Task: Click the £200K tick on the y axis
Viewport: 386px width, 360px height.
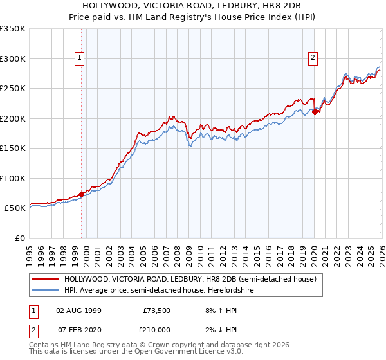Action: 13,118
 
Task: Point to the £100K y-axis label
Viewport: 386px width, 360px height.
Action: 13,178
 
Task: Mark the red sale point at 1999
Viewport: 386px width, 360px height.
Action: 81,194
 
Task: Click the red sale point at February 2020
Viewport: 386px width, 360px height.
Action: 315,113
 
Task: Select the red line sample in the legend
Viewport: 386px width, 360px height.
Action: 45,280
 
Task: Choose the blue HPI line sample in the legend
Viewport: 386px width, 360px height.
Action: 45,290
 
